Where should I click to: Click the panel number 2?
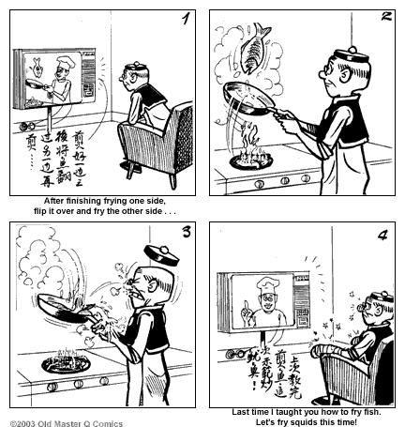point(383,19)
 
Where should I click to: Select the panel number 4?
point(382,234)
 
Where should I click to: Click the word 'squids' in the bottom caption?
point(294,422)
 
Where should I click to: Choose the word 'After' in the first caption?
point(57,200)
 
